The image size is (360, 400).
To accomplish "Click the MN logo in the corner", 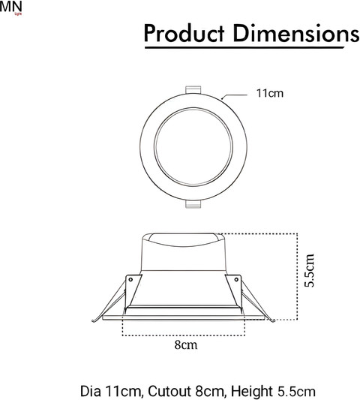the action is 11,8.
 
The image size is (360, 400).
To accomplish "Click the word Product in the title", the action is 184,33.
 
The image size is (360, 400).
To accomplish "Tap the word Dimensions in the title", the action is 296,33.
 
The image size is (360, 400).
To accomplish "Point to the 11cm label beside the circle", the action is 270,93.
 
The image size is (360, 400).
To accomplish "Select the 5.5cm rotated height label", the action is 310,270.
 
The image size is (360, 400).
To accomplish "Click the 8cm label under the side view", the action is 186,344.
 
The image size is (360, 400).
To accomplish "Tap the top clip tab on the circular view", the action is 193,90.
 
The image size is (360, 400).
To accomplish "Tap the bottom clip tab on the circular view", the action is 193,204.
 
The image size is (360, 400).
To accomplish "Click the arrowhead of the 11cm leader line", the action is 222,98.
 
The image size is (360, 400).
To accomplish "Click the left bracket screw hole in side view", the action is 130,280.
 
